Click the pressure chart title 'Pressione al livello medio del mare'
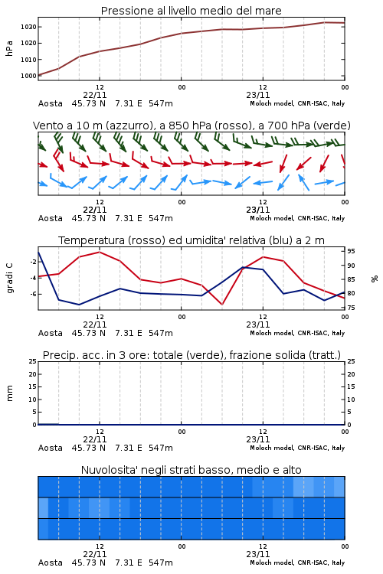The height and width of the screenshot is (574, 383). coord(191,11)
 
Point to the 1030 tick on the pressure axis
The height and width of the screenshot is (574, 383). coord(28,27)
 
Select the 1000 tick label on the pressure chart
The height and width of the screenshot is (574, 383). coord(28,76)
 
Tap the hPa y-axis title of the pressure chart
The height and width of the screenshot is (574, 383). coord(9,48)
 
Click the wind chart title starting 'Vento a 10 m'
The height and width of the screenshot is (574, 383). coord(191,126)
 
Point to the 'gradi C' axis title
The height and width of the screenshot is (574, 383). coord(9,279)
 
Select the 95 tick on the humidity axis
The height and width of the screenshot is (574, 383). coord(351,251)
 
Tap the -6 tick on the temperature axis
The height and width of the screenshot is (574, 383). coord(33,294)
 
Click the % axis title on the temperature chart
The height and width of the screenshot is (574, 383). coord(375,279)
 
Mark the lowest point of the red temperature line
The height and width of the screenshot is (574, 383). coord(221,304)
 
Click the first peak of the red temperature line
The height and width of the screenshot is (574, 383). coord(100,252)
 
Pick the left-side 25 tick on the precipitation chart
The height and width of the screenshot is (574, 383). coord(33,361)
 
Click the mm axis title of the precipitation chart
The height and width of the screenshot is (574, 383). coord(9,393)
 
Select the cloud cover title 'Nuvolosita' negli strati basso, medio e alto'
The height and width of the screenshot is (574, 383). coord(191,470)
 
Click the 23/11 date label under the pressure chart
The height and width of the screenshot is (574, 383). coord(258,95)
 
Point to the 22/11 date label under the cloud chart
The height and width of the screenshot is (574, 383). coord(95,554)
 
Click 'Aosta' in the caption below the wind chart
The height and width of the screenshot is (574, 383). coord(51,219)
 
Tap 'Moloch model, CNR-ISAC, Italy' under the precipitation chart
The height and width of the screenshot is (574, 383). coord(297,448)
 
